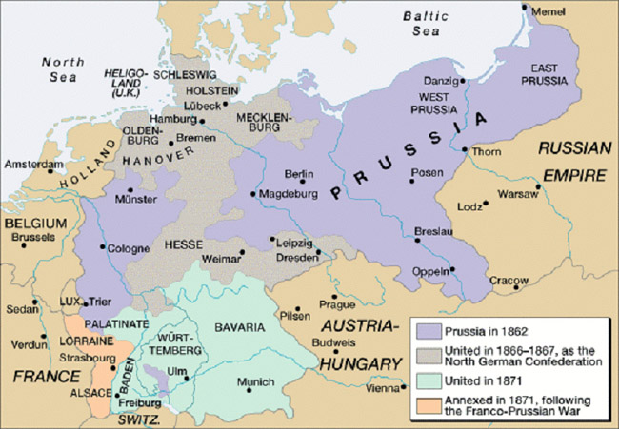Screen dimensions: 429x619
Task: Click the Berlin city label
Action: (x=299, y=174)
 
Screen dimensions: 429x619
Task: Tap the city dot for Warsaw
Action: (x=487, y=201)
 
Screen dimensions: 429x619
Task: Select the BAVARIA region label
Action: (x=240, y=327)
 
